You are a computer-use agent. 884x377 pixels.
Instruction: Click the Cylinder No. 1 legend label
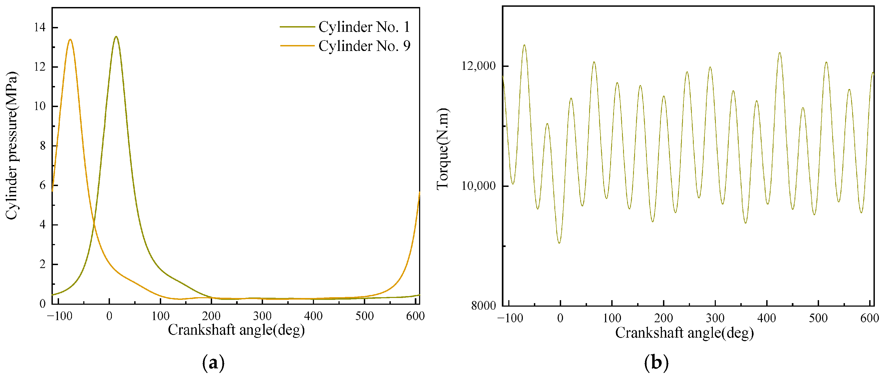pyautogui.click(x=364, y=27)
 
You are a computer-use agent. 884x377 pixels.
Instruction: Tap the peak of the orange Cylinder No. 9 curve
pyautogui.click(x=70, y=39)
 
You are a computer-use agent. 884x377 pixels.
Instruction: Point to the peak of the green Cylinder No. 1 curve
pyautogui.click(x=116, y=36)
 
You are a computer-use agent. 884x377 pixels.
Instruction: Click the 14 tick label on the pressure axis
pyautogui.click(x=40, y=28)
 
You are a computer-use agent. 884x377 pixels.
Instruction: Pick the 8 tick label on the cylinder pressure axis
pyautogui.click(x=43, y=146)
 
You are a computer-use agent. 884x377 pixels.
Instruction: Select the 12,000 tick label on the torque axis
pyautogui.click(x=478, y=66)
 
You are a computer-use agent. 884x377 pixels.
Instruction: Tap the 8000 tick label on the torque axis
pyautogui.click(x=483, y=305)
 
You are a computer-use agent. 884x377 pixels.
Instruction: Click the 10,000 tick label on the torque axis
pyautogui.click(x=478, y=186)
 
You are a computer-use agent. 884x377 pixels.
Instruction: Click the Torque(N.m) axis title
pyautogui.click(x=443, y=148)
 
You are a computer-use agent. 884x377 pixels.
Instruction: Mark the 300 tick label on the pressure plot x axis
pyautogui.click(x=262, y=316)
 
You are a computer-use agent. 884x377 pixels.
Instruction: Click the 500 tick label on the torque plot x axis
pyautogui.click(x=818, y=318)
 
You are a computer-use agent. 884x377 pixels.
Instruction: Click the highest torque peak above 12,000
pyautogui.click(x=524, y=45)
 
